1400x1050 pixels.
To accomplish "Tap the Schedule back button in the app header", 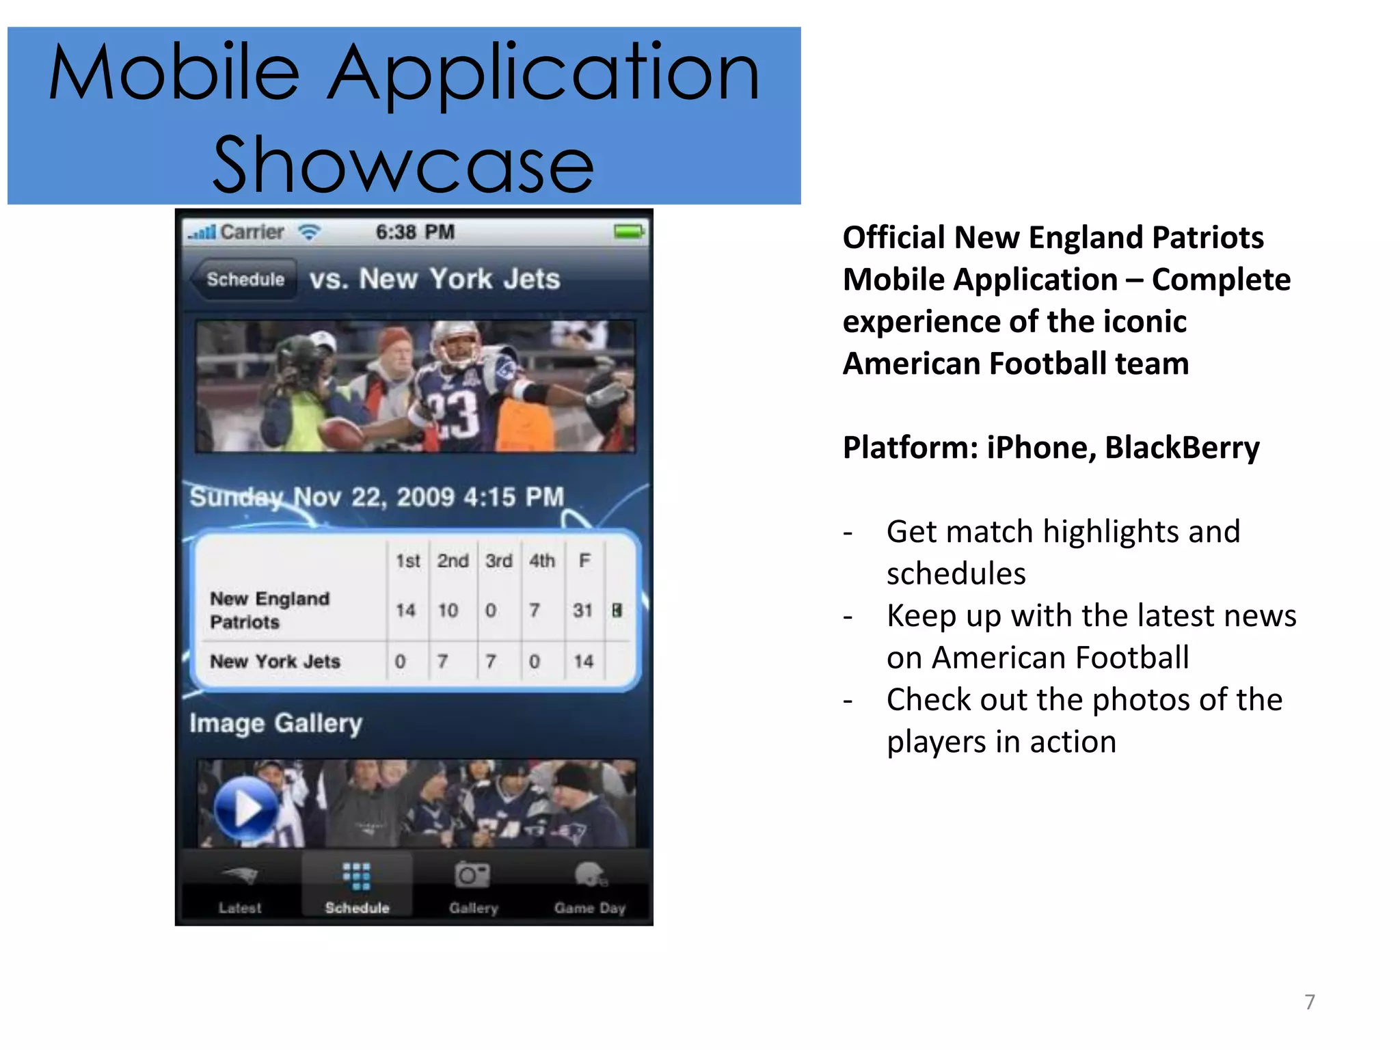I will (245, 279).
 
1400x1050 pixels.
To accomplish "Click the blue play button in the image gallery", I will (246, 809).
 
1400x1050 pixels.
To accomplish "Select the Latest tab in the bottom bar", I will (240, 888).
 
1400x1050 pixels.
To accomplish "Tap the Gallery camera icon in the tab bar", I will (472, 876).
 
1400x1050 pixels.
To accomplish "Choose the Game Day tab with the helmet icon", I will (589, 888).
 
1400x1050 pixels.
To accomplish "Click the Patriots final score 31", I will (582, 610).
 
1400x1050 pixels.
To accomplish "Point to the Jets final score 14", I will (583, 661).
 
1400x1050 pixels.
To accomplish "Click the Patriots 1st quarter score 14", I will (406, 610).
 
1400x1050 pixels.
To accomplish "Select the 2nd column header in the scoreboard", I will (453, 561).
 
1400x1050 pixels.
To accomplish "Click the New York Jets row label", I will (275, 661).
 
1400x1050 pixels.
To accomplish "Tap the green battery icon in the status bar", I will (628, 232).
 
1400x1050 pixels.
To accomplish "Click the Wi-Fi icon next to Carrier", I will (309, 232).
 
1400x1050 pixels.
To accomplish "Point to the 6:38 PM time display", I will (415, 232).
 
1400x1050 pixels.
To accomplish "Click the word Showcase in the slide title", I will (403, 165).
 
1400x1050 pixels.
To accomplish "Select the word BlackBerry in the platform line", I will (1181, 448).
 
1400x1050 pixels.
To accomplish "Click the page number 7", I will (1309, 1002).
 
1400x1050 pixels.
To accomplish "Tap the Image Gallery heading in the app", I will (275, 723).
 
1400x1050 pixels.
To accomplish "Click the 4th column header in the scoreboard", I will (541, 561).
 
